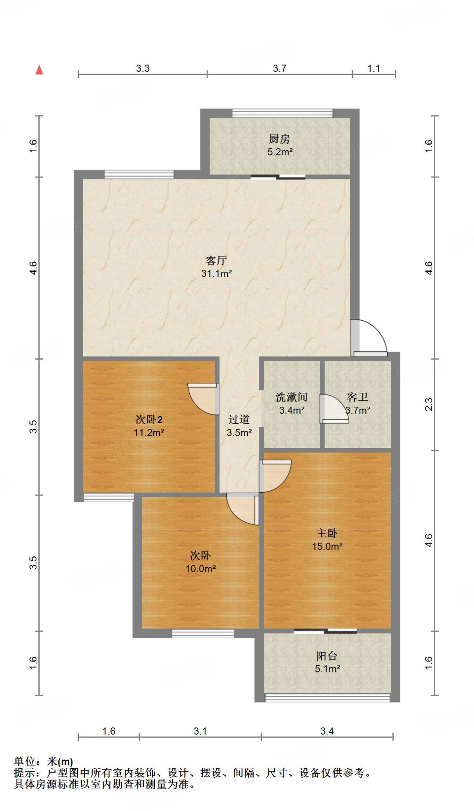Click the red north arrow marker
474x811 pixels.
[x=39, y=70]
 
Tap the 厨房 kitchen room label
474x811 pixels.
[x=279, y=139]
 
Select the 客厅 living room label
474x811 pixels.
[x=216, y=260]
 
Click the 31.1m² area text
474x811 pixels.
[x=216, y=273]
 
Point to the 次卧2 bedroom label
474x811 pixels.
[x=149, y=419]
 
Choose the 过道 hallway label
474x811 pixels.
[x=239, y=419]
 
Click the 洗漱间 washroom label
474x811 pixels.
[x=291, y=397]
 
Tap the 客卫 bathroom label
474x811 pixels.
[x=357, y=397]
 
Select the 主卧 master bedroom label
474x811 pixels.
[x=327, y=533]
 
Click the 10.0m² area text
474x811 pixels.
[x=201, y=569]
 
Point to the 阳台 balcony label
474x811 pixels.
[x=327, y=656]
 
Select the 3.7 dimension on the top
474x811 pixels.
[x=280, y=69]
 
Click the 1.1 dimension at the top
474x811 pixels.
[x=373, y=69]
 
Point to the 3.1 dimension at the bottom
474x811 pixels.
[x=200, y=731]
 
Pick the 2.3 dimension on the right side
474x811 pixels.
[x=429, y=404]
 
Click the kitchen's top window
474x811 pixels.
[x=282, y=113]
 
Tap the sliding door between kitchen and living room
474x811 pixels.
[x=278, y=177]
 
